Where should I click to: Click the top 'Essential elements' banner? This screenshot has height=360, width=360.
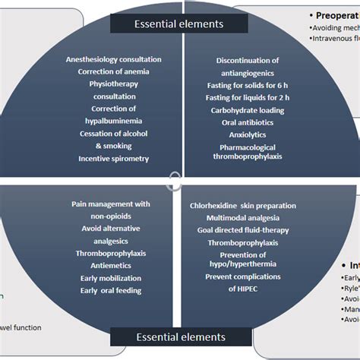pyautogui.click(x=179, y=24)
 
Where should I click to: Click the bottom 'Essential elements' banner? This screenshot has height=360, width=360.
pyautogui.click(x=179, y=336)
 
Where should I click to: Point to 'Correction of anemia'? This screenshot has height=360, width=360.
pyautogui.click(x=113, y=73)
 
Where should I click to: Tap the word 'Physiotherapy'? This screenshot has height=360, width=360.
pyautogui.click(x=113, y=84)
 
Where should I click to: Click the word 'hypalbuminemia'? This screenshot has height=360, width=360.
pyautogui.click(x=113, y=122)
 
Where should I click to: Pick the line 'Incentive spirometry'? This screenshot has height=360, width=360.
pyautogui.click(x=113, y=159)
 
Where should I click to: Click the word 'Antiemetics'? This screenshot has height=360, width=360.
pyautogui.click(x=111, y=265)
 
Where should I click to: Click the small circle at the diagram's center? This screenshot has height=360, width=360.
pyautogui.click(x=176, y=181)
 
